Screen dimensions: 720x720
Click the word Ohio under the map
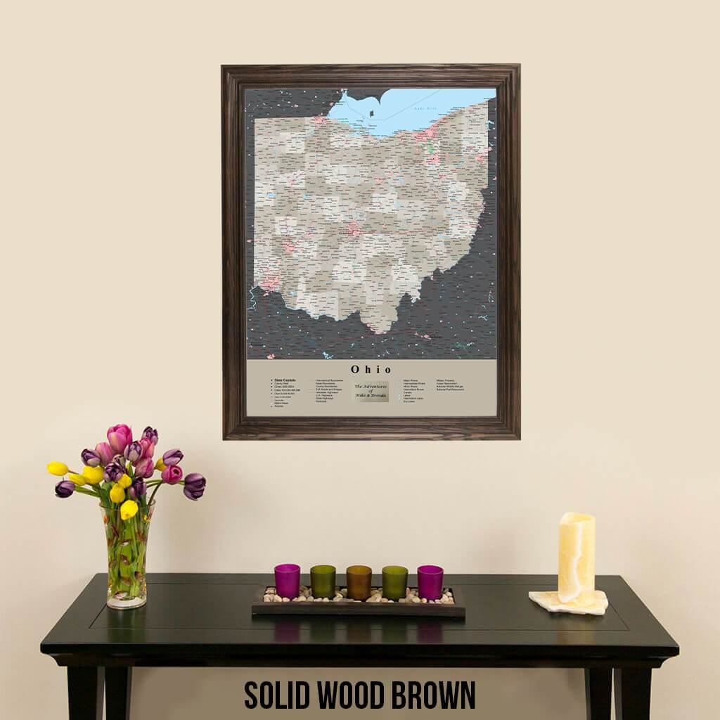[x=371, y=369]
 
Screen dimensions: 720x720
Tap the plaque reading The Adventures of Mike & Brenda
[x=371, y=391]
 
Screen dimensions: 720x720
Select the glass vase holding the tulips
[x=127, y=555]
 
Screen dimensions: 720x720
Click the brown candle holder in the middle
[x=359, y=582]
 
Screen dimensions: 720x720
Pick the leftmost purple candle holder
[x=287, y=581]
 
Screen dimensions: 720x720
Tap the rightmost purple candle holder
[x=430, y=581]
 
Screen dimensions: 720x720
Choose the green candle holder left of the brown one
[x=323, y=581]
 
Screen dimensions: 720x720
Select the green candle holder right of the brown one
[x=394, y=582]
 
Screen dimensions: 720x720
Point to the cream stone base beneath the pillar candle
[x=568, y=603]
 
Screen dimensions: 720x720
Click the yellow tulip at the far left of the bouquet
[x=58, y=468]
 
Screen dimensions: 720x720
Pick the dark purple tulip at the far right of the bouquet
[x=194, y=485]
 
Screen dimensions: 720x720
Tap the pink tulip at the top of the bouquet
[x=119, y=437]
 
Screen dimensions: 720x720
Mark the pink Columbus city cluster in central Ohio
[x=352, y=229]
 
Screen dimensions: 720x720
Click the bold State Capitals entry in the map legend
[x=285, y=380]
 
